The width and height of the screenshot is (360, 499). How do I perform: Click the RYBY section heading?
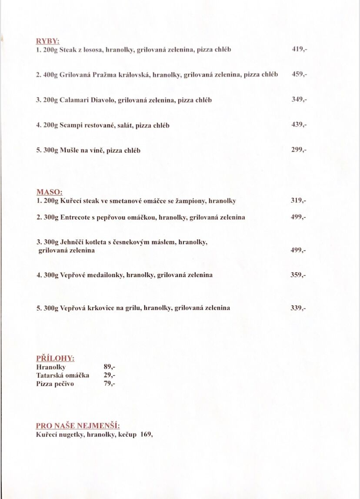[x=47, y=42]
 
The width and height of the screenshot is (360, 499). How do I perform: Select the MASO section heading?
[x=50, y=192]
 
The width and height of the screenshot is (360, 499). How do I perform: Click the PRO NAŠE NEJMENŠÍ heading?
[x=78, y=425]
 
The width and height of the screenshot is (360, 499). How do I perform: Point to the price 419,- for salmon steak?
[x=300, y=49]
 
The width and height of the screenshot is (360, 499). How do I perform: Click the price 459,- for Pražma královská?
[x=300, y=74]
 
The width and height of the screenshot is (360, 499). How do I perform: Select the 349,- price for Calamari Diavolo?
[x=300, y=100]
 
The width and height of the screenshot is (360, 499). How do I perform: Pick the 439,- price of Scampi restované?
[x=300, y=125]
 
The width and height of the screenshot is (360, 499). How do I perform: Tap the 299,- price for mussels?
[x=299, y=150]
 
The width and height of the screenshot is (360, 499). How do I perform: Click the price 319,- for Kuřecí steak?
[x=299, y=201]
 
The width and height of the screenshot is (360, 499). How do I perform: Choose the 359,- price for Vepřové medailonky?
[x=299, y=275]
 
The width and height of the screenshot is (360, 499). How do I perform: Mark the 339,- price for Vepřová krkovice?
[x=299, y=308]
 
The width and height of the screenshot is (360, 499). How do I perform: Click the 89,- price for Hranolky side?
[x=110, y=367]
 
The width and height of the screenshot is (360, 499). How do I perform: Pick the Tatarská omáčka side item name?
[x=63, y=375]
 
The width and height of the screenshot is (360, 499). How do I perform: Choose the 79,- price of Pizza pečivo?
[x=110, y=384]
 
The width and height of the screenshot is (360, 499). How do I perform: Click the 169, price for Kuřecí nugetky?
[x=147, y=435]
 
